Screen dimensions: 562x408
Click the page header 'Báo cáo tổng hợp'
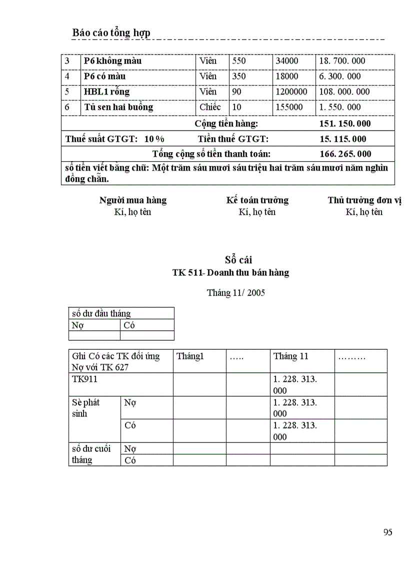point(111,33)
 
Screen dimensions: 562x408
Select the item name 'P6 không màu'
point(112,61)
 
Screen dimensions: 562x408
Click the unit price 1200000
point(291,92)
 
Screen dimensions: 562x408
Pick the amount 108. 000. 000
point(344,92)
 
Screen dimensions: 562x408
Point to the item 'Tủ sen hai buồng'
point(118,107)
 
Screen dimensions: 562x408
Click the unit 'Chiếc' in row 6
point(210,107)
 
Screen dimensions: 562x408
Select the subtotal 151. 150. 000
point(345,124)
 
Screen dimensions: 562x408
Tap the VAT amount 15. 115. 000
point(342,139)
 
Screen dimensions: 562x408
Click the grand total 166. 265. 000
point(345,154)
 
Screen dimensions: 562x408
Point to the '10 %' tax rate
point(154,139)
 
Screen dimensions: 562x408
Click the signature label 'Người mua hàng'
point(133,200)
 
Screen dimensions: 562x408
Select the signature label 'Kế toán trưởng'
point(257,200)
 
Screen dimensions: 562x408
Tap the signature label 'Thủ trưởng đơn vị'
point(364,200)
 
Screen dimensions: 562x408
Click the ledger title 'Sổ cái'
point(238,260)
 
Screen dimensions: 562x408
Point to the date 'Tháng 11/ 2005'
point(236,293)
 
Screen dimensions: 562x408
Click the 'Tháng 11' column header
point(291,356)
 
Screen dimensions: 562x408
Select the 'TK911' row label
point(84,379)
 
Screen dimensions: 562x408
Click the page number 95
point(387,532)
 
